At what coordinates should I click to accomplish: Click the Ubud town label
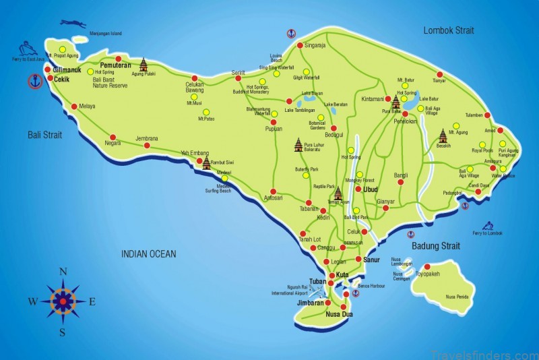pyautogui.click(x=371, y=189)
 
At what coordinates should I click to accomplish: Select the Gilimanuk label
pyautogui.click(x=67, y=69)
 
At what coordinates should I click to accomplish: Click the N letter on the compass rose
pyautogui.click(x=63, y=272)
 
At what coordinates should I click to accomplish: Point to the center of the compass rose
pyautogui.click(x=63, y=301)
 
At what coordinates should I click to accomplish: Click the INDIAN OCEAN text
pyautogui.click(x=149, y=254)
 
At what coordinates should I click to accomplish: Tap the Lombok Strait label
pyautogui.click(x=449, y=30)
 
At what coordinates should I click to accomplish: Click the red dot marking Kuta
pyautogui.click(x=331, y=275)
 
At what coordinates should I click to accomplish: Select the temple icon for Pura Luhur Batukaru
pyautogui.click(x=298, y=144)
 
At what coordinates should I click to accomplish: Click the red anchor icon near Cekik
pyautogui.click(x=34, y=82)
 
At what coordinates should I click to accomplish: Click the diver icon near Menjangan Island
pyautogui.click(x=73, y=24)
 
